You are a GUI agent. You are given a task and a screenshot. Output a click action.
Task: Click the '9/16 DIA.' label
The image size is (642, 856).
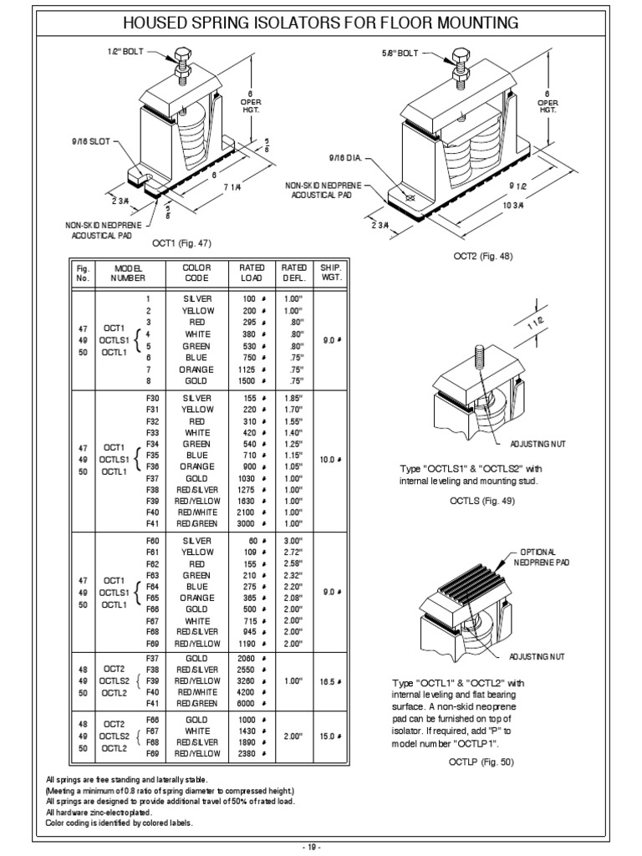[x=344, y=157]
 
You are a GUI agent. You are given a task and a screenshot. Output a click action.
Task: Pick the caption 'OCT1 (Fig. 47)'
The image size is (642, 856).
[x=181, y=243]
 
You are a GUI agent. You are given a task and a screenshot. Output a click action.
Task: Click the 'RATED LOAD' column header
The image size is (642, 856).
[x=252, y=273]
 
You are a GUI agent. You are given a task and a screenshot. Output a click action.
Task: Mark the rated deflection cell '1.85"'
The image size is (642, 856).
[x=293, y=398]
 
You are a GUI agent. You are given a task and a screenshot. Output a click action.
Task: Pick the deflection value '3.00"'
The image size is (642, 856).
[x=293, y=541]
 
